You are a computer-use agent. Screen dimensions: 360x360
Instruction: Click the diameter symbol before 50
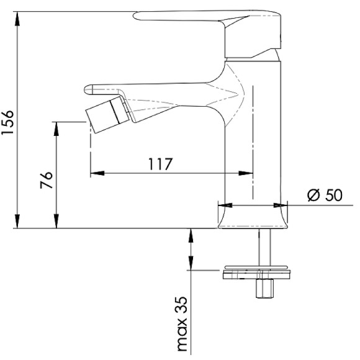click(x=313, y=195)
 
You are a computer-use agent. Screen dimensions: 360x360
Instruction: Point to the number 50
click(x=333, y=195)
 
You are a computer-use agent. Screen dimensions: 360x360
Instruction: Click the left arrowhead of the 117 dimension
click(x=95, y=173)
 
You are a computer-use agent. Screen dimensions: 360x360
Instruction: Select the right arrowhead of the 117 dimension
click(x=249, y=173)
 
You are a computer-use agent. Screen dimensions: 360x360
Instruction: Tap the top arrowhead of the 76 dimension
click(x=56, y=126)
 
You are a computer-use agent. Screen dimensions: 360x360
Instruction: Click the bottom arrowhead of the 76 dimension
click(x=56, y=224)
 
